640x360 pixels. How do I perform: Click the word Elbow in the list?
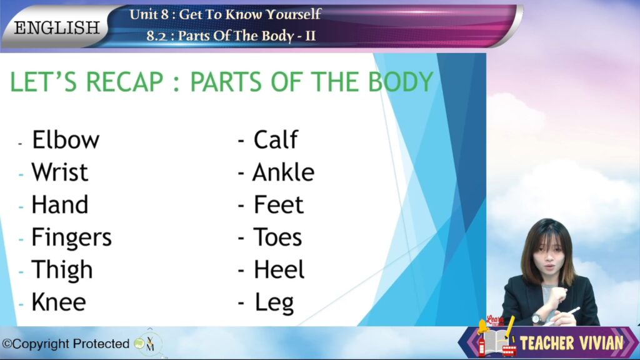coord(66,139)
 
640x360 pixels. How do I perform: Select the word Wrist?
coord(59,172)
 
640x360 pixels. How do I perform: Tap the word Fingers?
coord(71,238)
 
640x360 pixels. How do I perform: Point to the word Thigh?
coord(62,270)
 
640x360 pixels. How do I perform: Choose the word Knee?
coord(59,302)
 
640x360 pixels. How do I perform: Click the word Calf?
coord(276,139)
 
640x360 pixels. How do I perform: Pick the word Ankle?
coord(283,172)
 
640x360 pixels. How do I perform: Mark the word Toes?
coord(277,237)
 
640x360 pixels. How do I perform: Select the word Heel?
coord(279,269)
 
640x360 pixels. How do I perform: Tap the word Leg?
coord(274,303)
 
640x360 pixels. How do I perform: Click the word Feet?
coord(278,204)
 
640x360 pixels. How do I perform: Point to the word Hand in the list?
coord(59,204)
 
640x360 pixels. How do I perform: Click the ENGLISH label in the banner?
coord(57,28)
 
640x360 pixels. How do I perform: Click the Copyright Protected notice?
coord(66,344)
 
